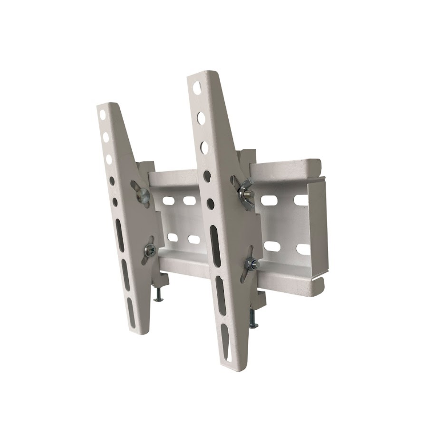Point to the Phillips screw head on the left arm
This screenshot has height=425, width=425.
pyautogui.click(x=150, y=251)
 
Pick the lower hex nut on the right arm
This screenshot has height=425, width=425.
pyautogui.click(x=253, y=264)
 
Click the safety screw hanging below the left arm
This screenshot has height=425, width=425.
pyautogui.click(x=159, y=295)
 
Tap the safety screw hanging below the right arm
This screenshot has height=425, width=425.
pyautogui.click(x=253, y=319)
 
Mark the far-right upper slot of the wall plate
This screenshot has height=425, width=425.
pyautogui.click(x=302, y=200)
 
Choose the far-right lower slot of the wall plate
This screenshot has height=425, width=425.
pyautogui.click(x=303, y=249)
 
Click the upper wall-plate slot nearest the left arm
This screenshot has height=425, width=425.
pyautogui.click(x=168, y=200)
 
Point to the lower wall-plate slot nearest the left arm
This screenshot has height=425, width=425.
pyautogui.click(x=172, y=237)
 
